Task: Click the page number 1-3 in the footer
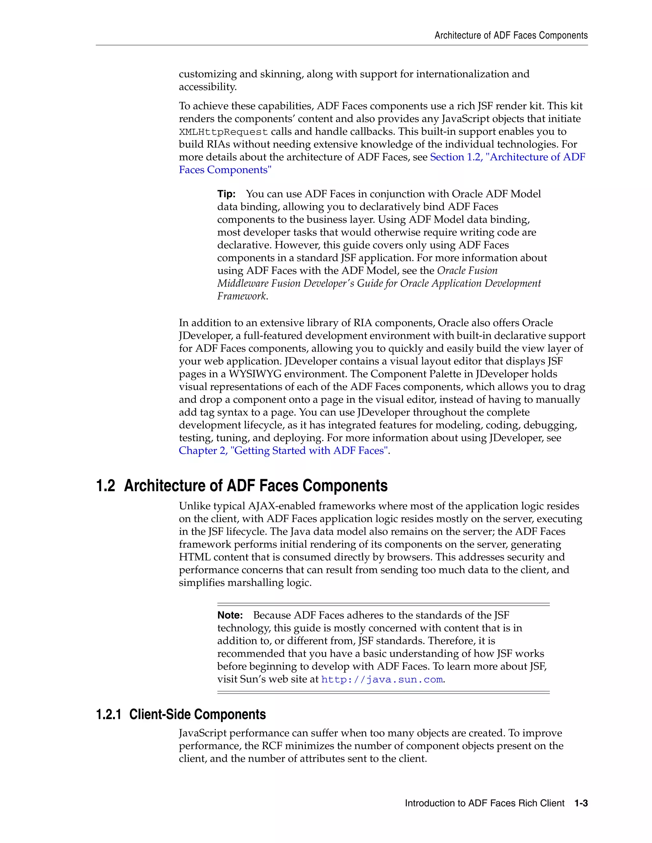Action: pos(581,803)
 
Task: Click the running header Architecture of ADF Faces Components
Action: pos(511,36)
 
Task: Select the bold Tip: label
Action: pos(226,194)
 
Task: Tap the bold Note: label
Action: pos(230,615)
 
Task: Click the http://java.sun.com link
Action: pos(382,679)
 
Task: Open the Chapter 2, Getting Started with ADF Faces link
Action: pos(283,450)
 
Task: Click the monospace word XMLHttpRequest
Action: pos(223,132)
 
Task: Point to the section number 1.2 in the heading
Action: pos(105,485)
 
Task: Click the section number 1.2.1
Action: pos(109,714)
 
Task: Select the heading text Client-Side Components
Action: pos(197,714)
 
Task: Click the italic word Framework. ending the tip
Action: pos(242,296)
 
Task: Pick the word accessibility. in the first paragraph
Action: pos(208,87)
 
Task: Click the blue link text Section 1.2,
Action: pos(456,157)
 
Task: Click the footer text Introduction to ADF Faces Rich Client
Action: pos(484,803)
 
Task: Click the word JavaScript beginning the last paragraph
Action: pos(202,733)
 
